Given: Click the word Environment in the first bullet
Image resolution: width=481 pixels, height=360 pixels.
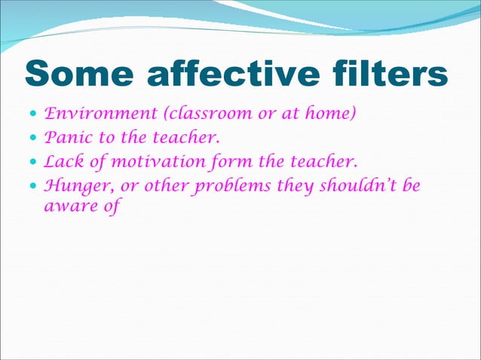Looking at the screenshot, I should tap(97, 115).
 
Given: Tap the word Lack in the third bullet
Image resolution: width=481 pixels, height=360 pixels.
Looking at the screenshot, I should tap(63, 162).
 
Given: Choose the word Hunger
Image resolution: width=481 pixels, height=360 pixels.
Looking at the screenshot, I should tap(76, 185).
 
